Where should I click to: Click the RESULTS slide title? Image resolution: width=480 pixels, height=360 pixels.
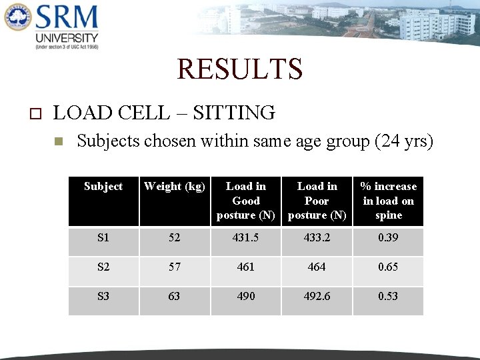click(240, 69)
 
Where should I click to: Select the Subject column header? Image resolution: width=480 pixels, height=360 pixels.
click(103, 187)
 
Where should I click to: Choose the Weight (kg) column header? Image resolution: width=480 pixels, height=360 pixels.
click(175, 187)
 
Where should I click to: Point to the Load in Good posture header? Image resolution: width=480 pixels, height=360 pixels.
click(246, 201)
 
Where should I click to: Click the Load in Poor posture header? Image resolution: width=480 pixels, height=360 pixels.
click(317, 201)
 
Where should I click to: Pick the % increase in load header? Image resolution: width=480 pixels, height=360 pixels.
click(388, 201)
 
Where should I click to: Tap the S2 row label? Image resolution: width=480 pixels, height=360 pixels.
click(103, 267)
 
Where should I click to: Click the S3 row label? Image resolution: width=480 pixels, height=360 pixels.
click(103, 296)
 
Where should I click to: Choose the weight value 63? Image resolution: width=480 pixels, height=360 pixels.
click(175, 296)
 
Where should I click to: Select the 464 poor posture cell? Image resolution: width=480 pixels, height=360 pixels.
click(317, 267)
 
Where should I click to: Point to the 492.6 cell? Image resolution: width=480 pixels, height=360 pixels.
click(317, 296)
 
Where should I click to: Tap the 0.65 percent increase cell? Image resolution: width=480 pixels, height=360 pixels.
click(388, 267)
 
